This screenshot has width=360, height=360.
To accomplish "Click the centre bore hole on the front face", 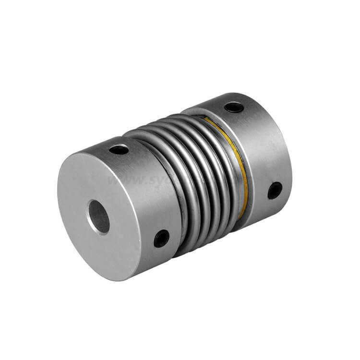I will click(99, 217).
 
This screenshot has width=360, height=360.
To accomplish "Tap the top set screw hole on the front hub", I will click(119, 149).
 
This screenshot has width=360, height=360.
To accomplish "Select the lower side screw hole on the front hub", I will click(161, 238).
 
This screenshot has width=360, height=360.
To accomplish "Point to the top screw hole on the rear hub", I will click(234, 107).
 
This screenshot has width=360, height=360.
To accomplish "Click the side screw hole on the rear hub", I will click(275, 190).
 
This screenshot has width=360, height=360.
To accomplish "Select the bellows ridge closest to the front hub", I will click(180, 192).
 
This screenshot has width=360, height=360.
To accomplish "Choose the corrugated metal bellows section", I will click(202, 178).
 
